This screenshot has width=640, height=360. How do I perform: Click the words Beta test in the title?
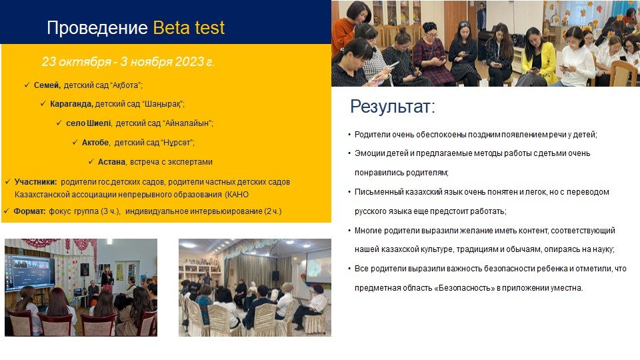(189, 28)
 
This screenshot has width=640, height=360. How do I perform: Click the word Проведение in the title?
(97, 28)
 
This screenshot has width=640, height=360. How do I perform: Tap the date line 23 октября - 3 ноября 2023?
(128, 61)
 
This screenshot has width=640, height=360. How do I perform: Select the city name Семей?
(47, 85)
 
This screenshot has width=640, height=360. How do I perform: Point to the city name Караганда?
(71, 104)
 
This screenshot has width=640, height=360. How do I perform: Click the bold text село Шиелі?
(89, 123)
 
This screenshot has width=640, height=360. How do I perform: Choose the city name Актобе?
(95, 143)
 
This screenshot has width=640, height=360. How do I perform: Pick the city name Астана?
(112, 162)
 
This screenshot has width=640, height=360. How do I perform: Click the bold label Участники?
(35, 182)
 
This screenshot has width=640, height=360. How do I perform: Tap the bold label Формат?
(29, 211)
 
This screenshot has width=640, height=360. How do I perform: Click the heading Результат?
(393, 107)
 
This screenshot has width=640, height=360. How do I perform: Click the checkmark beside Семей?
(27, 85)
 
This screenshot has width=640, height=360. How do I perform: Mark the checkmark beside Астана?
(91, 161)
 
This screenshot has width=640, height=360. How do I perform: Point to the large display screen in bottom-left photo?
(30, 272)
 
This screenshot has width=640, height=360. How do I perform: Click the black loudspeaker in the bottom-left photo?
(85, 270)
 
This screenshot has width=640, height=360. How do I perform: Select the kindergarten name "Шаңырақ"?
(163, 104)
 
